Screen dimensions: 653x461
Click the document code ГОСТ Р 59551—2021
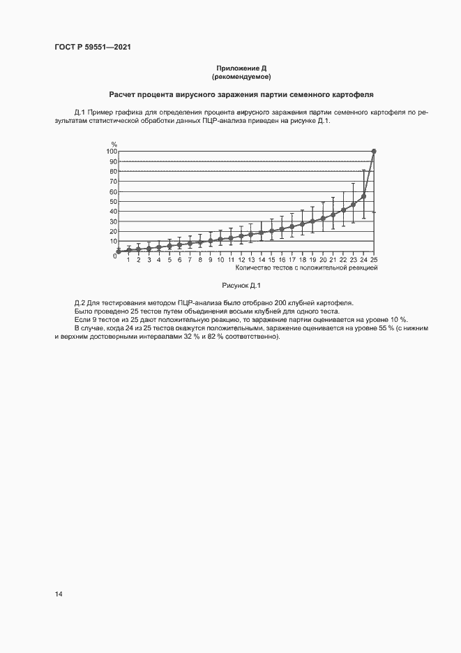(x=93, y=47)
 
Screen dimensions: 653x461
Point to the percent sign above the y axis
(x=114, y=144)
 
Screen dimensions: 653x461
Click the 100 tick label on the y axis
(x=111, y=152)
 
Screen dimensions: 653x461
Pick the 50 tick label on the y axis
(x=112, y=201)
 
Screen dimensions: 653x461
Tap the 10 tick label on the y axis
(x=112, y=241)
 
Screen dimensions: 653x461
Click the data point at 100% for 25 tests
(x=374, y=152)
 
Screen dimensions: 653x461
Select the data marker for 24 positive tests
(x=364, y=196)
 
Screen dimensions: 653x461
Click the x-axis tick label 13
(x=251, y=260)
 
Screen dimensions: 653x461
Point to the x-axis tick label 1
(x=128, y=260)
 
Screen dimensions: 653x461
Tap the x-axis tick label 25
(x=374, y=260)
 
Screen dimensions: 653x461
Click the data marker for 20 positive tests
(x=323, y=218)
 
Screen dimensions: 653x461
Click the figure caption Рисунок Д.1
(x=241, y=285)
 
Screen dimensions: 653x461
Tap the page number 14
(x=59, y=594)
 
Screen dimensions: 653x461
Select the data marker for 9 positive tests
(x=211, y=241)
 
